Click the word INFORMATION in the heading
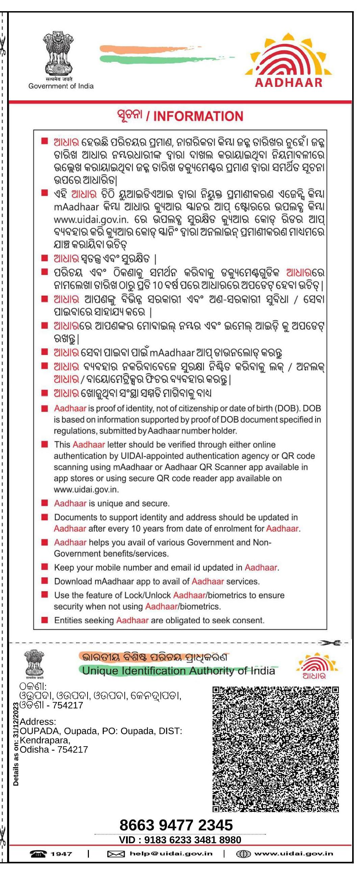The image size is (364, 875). pos(198,116)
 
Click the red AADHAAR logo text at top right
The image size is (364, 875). pos(289,82)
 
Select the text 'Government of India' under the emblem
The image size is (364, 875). pos(61,86)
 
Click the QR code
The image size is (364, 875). pos(275,749)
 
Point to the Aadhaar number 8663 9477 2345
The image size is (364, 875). pos(176,825)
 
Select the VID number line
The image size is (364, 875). pos(180,840)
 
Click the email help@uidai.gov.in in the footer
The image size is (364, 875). pos(171,854)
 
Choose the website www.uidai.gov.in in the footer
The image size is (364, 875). pos(294,854)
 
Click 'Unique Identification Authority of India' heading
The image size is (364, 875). pos(178,671)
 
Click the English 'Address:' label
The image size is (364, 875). pos(38,722)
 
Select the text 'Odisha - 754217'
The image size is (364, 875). pos(54,749)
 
